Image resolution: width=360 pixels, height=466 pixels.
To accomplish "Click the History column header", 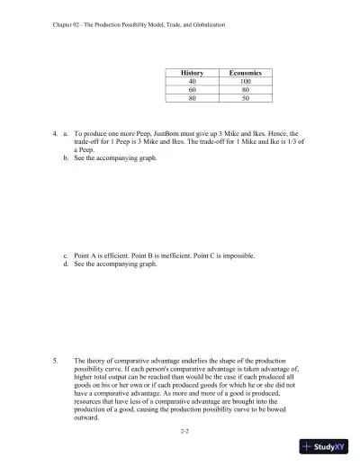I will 192,71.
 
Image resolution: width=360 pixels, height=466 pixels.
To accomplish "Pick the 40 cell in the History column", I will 192,80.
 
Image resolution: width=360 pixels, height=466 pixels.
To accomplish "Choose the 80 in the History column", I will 192,98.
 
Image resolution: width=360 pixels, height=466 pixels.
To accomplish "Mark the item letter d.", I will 66,264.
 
